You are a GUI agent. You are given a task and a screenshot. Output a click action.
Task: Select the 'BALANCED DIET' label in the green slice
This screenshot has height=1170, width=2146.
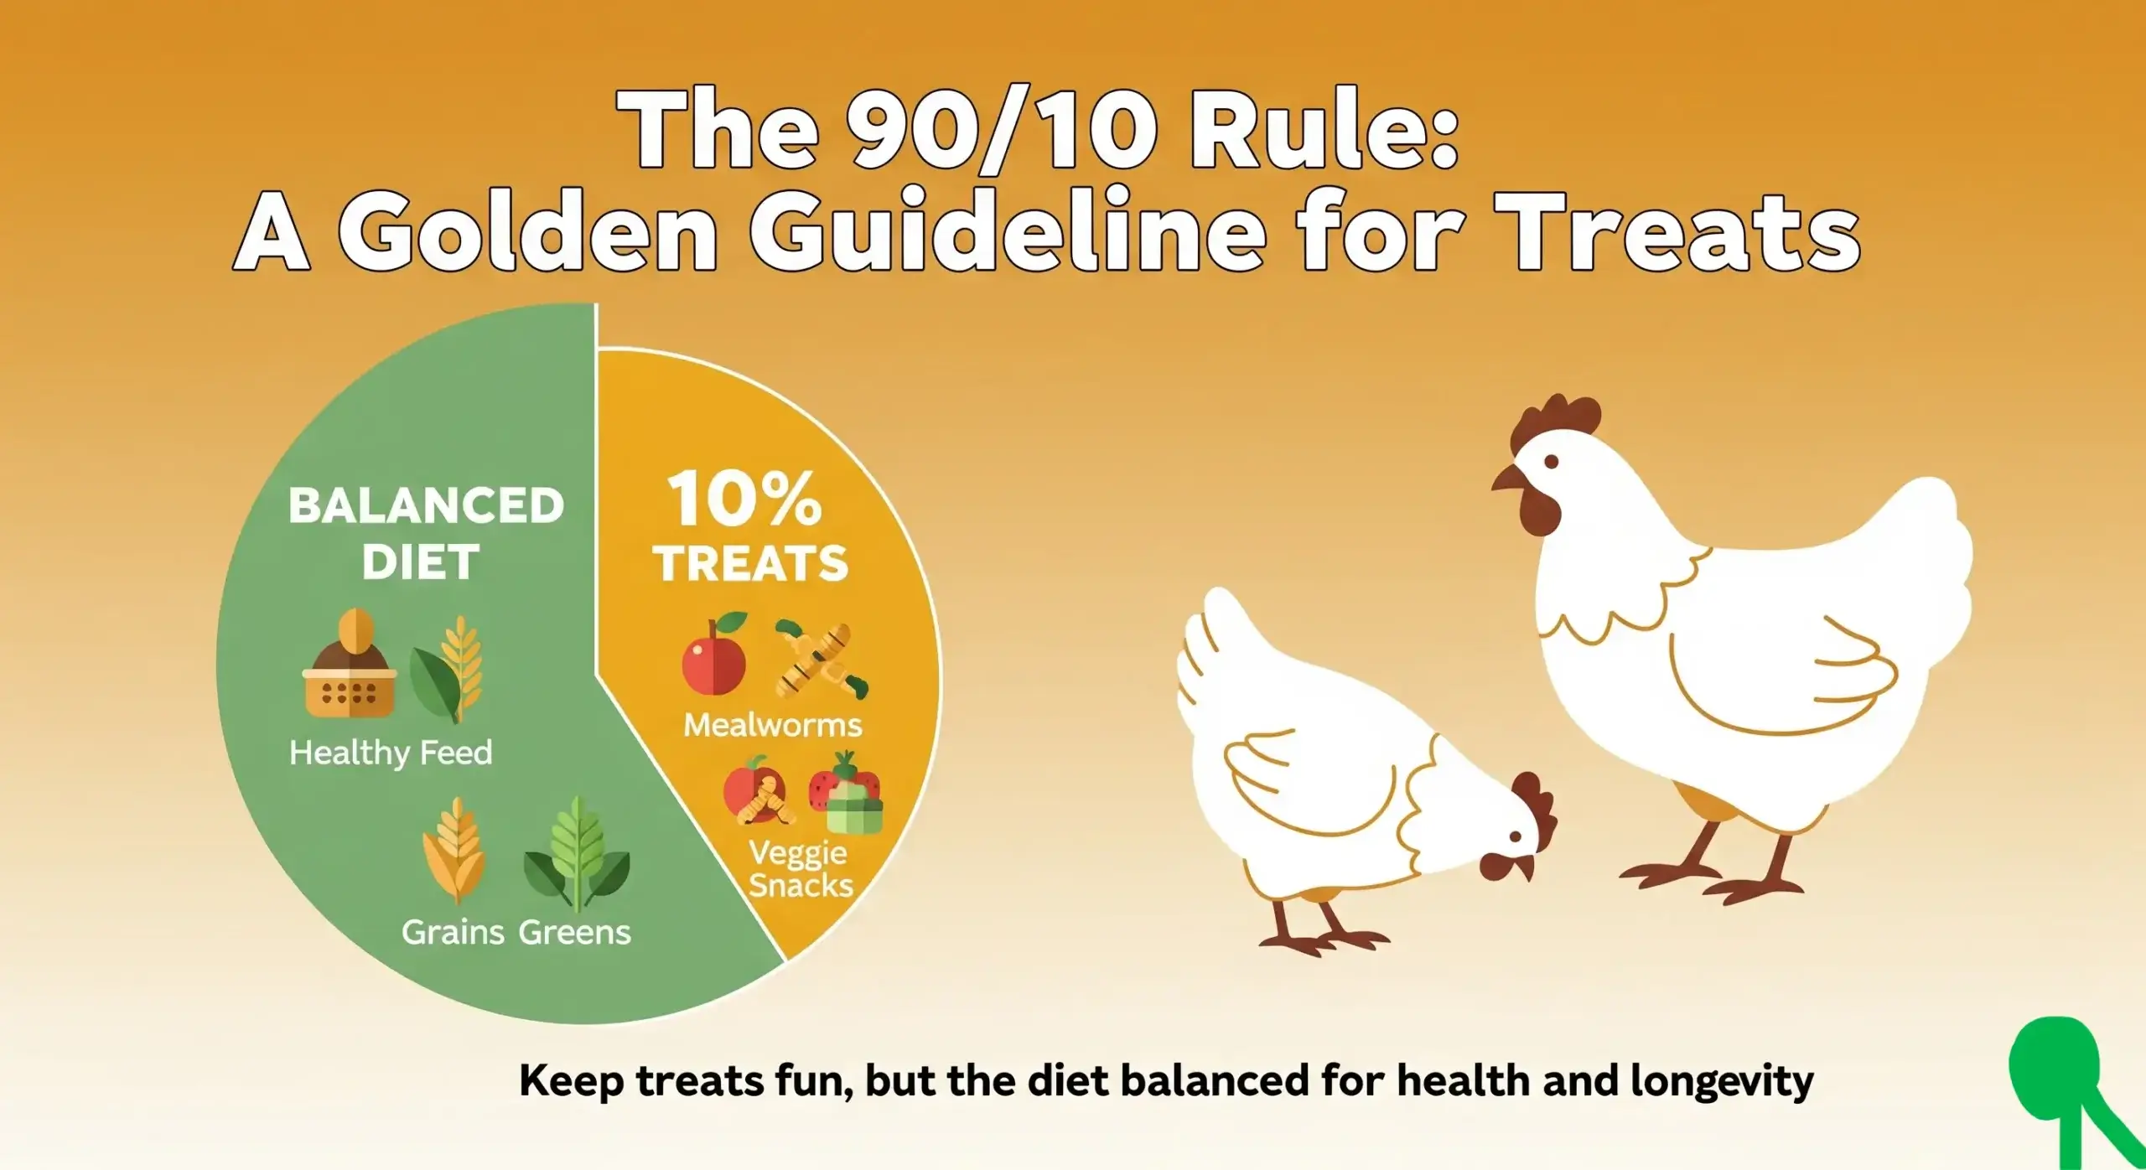coord(425,533)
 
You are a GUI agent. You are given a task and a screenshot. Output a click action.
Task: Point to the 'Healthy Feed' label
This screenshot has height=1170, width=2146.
coord(391,752)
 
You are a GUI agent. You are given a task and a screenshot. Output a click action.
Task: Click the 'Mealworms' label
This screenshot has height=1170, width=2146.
coord(772,724)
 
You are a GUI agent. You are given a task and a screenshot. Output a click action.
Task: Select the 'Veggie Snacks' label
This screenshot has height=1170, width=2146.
coord(800,869)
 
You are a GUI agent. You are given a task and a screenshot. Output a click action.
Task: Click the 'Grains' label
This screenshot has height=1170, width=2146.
coord(453,932)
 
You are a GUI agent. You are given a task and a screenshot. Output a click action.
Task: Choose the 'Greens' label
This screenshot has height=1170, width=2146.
coord(574,932)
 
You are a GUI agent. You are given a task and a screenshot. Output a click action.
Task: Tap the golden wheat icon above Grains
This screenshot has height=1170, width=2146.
coord(454,850)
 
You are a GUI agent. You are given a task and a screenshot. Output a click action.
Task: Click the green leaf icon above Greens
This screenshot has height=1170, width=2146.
coord(577,853)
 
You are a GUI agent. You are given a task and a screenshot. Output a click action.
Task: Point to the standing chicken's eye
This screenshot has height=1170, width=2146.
coord(1551,461)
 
